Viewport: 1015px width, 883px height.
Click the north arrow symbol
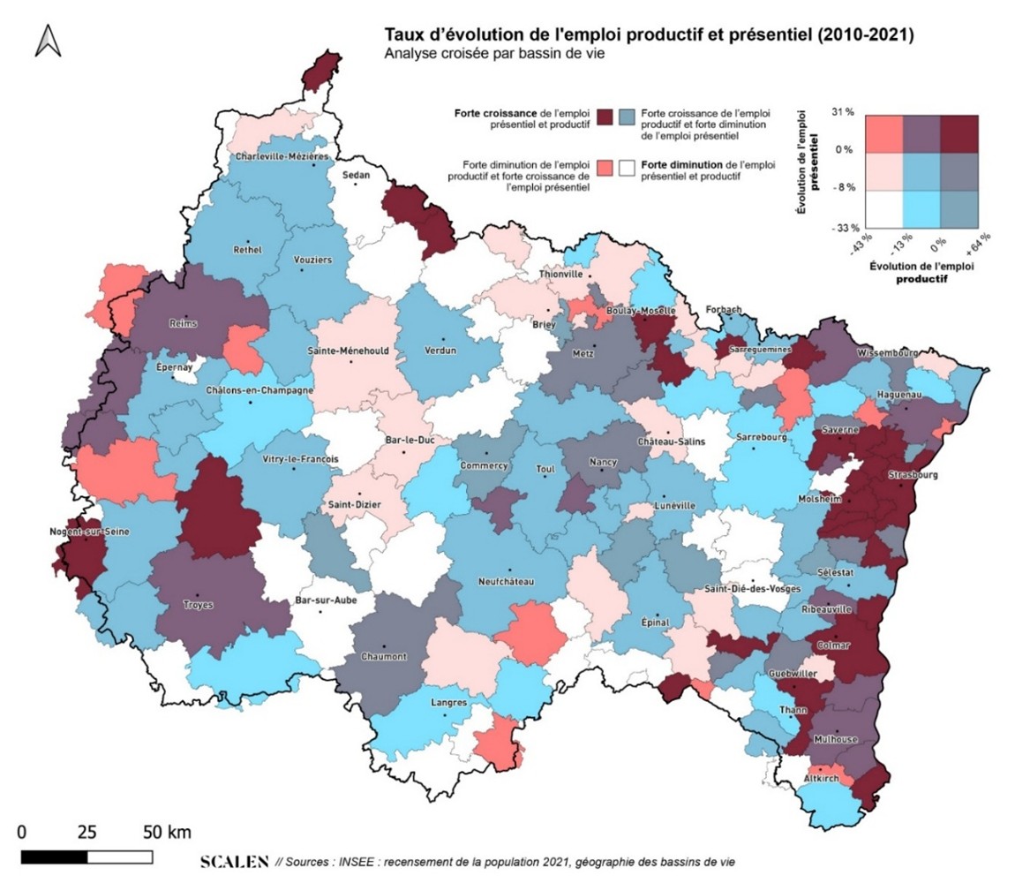(48, 41)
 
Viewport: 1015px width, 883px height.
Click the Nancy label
(603, 462)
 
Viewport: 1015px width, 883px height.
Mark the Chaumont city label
(384, 656)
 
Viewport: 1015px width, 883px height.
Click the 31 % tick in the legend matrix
(843, 112)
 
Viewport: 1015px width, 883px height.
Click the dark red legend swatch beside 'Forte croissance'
(605, 117)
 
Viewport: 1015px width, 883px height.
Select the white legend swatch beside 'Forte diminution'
(628, 168)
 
